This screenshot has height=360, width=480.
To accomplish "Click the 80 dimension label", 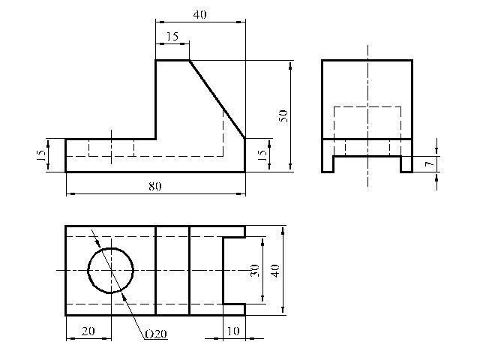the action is pyautogui.click(x=155, y=186).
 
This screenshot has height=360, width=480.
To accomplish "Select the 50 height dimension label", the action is pyautogui.click(x=283, y=116).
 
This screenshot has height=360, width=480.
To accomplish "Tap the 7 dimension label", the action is pyautogui.click(x=430, y=164).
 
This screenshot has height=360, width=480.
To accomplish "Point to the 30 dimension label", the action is pyautogui.click(x=255, y=271).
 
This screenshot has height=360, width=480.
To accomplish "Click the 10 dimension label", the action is pyautogui.click(x=233, y=331).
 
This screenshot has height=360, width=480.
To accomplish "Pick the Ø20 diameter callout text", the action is pyautogui.click(x=156, y=334).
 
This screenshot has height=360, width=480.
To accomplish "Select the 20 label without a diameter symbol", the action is pyautogui.click(x=88, y=331).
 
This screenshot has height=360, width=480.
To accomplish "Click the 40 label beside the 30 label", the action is pyautogui.click(x=275, y=271).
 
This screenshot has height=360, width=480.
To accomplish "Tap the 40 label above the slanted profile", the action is pyautogui.click(x=200, y=14).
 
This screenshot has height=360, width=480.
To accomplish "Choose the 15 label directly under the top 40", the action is pyautogui.click(x=172, y=37).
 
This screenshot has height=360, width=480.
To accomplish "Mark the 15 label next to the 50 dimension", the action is pyautogui.click(x=262, y=156).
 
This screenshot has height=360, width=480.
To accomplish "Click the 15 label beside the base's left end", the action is pyautogui.click(x=41, y=156).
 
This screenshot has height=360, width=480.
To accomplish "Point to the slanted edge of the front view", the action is pyautogui.click(x=217, y=99).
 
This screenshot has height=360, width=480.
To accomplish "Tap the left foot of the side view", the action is pyautogui.click(x=328, y=164).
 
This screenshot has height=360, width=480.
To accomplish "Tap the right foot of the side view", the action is pyautogui.click(x=406, y=164).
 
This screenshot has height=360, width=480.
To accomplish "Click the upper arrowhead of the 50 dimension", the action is pyautogui.click(x=290, y=64).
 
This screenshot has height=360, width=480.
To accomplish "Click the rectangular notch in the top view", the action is pyautogui.click(x=234, y=271).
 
